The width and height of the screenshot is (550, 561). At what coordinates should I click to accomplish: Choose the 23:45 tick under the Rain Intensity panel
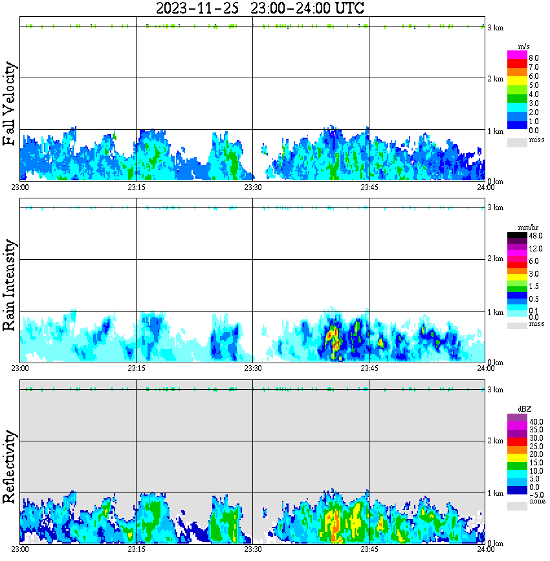pos(369,368)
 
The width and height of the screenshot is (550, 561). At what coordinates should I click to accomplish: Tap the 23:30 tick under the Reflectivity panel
pos(252,550)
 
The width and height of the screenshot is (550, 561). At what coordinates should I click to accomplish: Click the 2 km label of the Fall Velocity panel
pos(495,79)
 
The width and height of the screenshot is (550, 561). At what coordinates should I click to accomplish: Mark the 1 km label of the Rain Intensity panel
pos(495,312)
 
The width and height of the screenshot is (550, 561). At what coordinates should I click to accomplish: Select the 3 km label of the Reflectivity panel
pos(495,390)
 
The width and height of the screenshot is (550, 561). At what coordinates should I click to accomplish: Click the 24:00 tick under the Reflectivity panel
pos(485,550)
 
